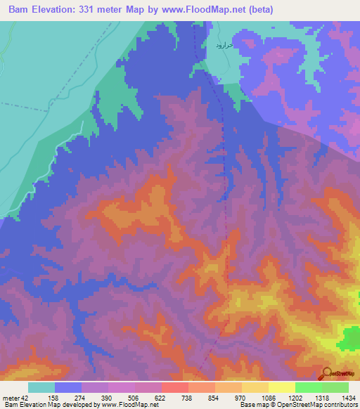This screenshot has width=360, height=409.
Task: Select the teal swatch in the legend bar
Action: click(41, 387)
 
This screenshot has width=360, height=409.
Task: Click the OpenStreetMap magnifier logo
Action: click(326, 373)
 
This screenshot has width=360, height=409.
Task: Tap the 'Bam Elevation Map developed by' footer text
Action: click(49, 405)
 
